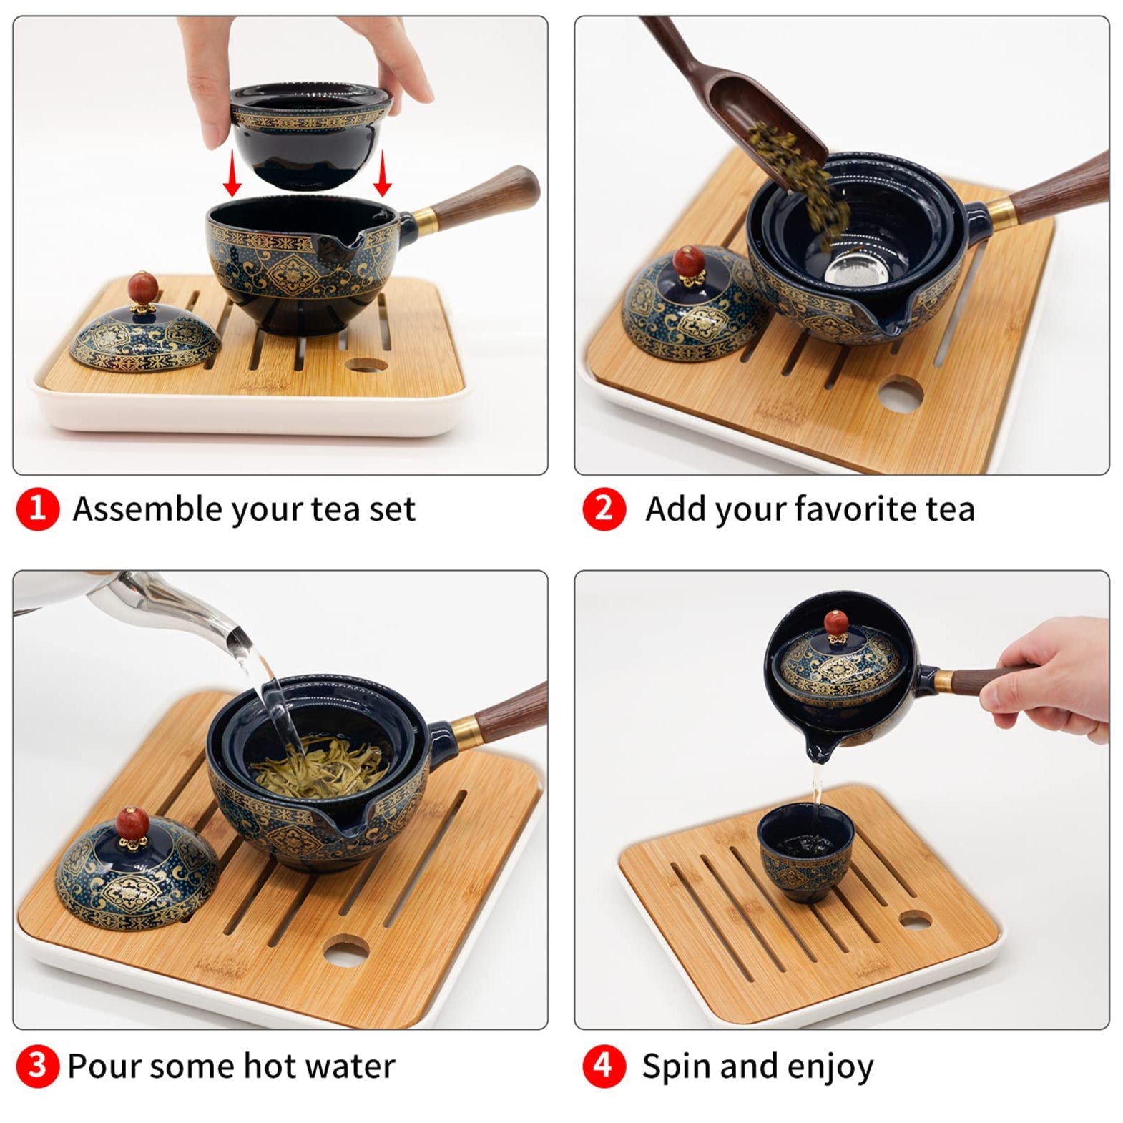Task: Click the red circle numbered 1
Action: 36,509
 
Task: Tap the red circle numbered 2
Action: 604,509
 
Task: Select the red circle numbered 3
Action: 36,1066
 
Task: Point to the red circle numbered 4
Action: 604,1066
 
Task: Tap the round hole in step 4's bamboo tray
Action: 914,920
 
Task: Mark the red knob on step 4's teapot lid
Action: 835,623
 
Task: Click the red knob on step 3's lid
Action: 133,823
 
